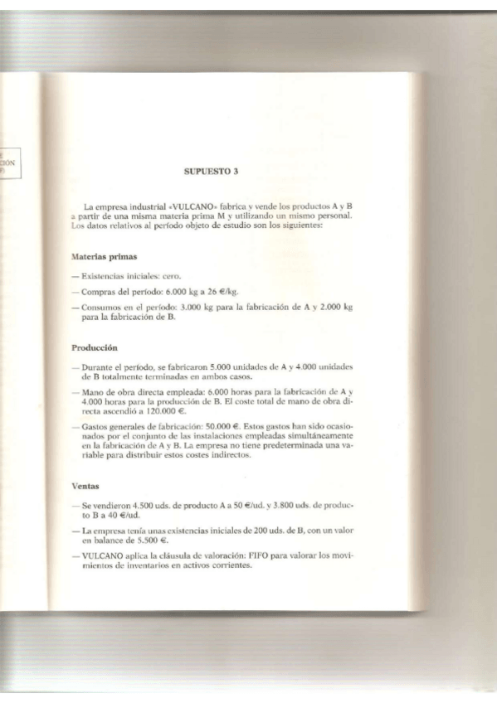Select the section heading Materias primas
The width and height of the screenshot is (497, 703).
click(x=105, y=256)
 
